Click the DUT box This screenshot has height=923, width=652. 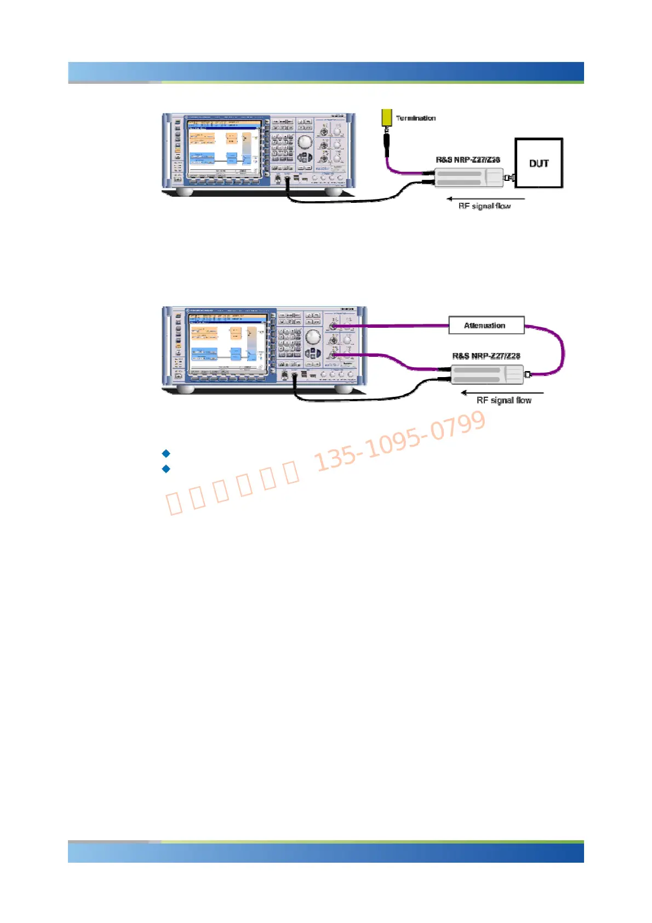point(539,163)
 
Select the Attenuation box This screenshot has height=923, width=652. point(486,325)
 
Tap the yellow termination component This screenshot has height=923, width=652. point(387,117)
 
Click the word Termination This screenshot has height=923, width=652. point(416,118)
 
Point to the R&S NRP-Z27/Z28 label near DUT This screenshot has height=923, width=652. point(468,159)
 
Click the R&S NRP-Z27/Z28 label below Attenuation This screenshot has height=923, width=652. point(486,356)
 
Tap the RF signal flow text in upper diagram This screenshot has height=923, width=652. point(484,206)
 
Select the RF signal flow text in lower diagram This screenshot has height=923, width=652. point(504,400)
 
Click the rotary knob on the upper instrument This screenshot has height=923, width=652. point(305,142)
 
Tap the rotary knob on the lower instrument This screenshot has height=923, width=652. point(313,337)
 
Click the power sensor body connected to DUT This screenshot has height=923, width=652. point(468,178)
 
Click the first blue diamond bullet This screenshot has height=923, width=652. point(166,453)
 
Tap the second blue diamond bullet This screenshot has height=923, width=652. point(166,469)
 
